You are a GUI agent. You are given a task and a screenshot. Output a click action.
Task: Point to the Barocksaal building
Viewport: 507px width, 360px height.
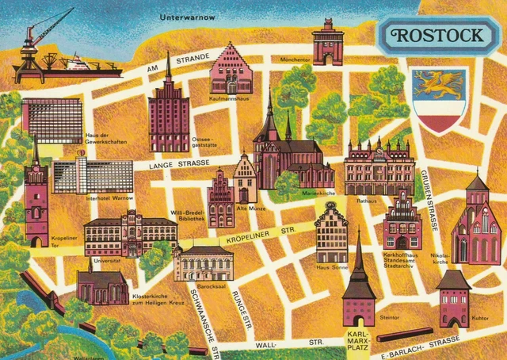tap(204, 262)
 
